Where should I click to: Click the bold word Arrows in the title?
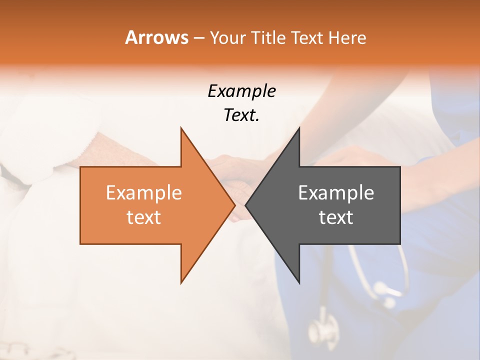(156, 37)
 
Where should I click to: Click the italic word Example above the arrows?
(241, 91)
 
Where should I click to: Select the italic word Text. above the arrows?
(241, 115)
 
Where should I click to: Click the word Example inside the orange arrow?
(143, 193)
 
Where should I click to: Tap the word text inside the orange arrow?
(143, 217)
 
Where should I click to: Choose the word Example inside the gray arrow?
(336, 193)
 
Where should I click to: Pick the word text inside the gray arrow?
(336, 217)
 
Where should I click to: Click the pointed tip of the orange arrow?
(234, 205)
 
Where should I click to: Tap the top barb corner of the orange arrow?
(181, 128)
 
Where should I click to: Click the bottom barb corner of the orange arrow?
(181, 282)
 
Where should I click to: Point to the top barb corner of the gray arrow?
(299, 128)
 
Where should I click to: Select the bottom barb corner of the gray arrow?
(299, 282)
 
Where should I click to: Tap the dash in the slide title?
(198, 38)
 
